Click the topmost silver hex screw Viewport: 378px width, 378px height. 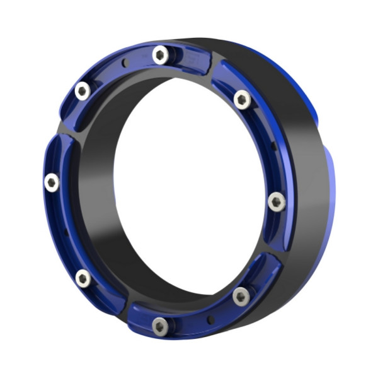[x=161, y=55]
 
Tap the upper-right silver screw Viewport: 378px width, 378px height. [x=242, y=99]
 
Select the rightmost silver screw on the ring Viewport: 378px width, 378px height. [x=277, y=202]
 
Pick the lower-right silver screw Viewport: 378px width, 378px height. [x=241, y=295]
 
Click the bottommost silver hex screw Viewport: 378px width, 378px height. [x=161, y=326]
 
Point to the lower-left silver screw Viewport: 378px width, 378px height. [x=83, y=278]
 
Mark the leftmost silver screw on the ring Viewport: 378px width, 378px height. [x=52, y=183]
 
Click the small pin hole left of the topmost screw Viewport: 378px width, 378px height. [x=126, y=62]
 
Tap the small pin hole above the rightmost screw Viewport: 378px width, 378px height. [x=273, y=146]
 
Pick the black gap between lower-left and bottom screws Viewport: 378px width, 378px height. [x=123, y=307]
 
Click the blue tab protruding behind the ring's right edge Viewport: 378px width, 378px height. [x=331, y=189]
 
